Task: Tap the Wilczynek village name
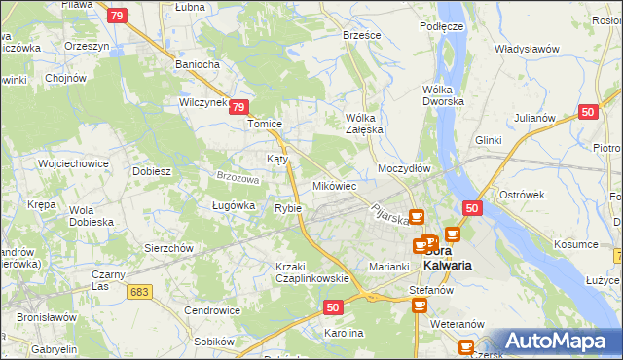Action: [x=202, y=101]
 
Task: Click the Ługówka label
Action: [x=233, y=205]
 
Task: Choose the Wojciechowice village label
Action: [x=72, y=164]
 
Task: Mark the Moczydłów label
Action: [x=404, y=168]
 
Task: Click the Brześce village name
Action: [x=362, y=34]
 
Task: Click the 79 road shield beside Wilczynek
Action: [x=241, y=109]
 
